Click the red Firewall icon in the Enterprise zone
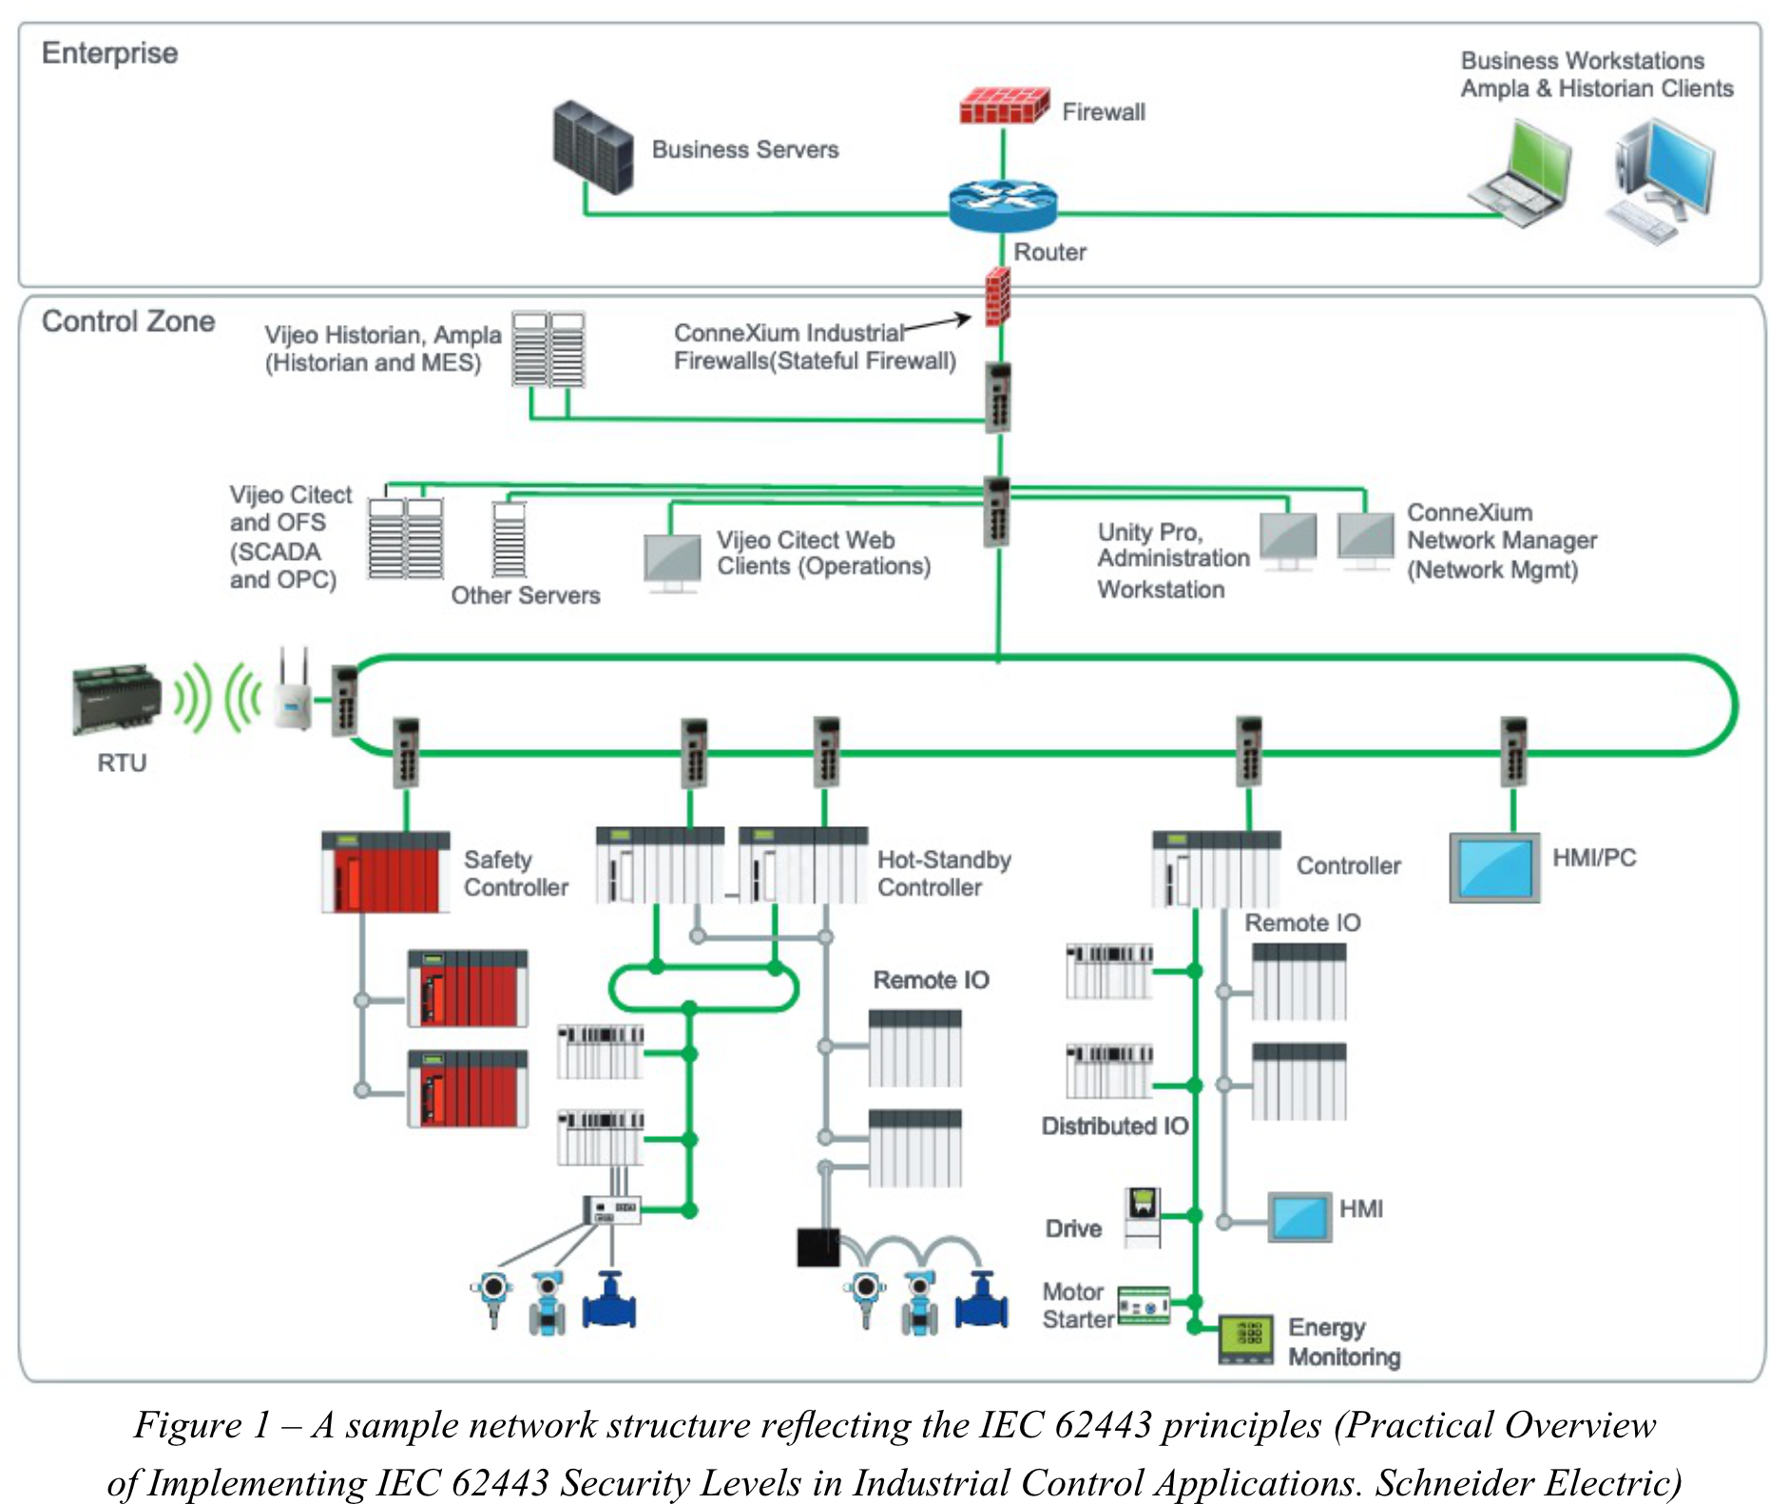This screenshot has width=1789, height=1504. tap(1003, 106)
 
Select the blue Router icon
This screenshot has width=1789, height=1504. tap(1002, 205)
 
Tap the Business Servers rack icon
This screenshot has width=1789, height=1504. tap(592, 148)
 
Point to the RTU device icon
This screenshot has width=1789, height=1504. tap(116, 699)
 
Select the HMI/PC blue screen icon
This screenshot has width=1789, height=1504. tap(1493, 867)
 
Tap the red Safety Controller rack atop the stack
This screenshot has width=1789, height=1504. tap(385, 872)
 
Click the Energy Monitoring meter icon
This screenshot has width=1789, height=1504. tap(1245, 1340)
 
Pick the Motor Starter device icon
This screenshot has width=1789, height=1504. tap(1144, 1306)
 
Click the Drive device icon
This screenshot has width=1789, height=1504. tap(1143, 1217)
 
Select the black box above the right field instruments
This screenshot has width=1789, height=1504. tap(818, 1247)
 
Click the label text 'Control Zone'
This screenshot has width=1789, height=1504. tap(128, 321)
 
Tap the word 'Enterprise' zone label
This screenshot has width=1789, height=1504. tap(109, 53)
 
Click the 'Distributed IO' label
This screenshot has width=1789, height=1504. tap(1114, 1126)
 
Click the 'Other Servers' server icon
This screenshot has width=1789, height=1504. tap(509, 539)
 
